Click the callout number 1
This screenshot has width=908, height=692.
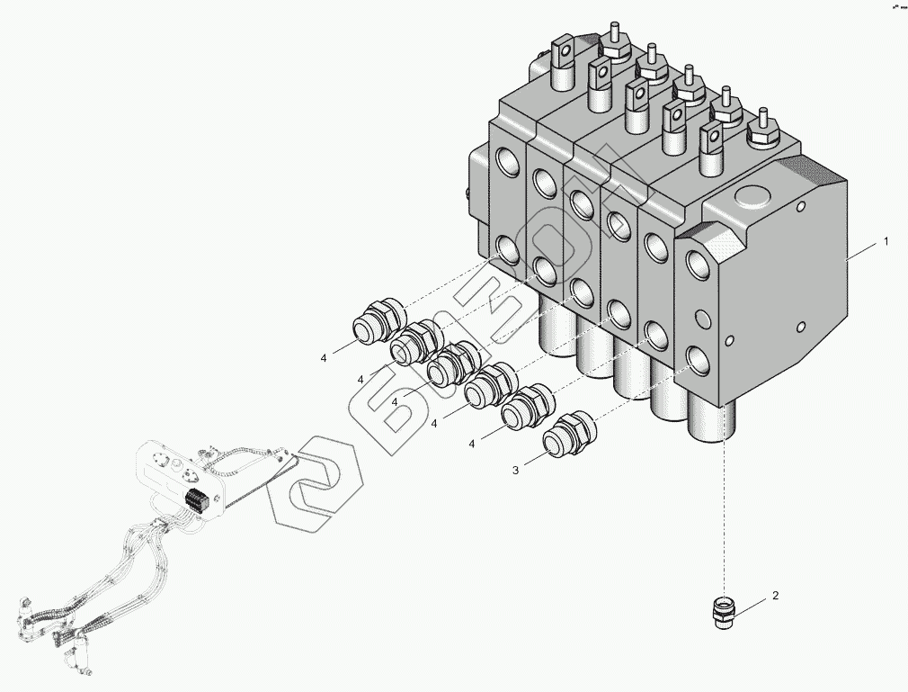tap(886, 242)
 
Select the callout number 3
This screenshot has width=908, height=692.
tap(515, 470)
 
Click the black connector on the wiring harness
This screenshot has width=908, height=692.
tap(196, 501)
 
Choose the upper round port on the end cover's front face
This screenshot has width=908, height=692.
tap(699, 264)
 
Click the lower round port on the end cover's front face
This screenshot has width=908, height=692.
tap(698, 358)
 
